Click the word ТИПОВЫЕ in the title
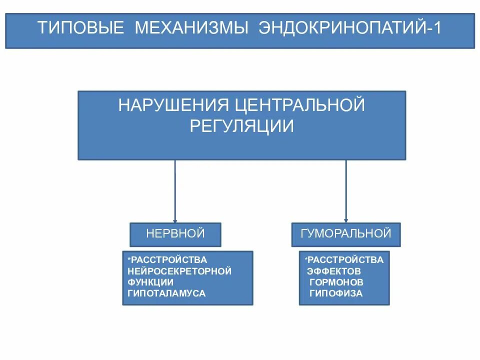(x=81, y=27)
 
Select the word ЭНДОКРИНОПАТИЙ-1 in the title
(x=350, y=27)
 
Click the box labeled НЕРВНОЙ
(x=175, y=234)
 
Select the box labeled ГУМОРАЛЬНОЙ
(x=346, y=233)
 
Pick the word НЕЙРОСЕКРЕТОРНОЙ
(x=179, y=271)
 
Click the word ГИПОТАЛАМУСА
(x=166, y=293)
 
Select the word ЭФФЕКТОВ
(x=333, y=271)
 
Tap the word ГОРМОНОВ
(x=336, y=282)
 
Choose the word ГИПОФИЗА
(x=336, y=293)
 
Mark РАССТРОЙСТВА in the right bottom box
(x=345, y=260)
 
